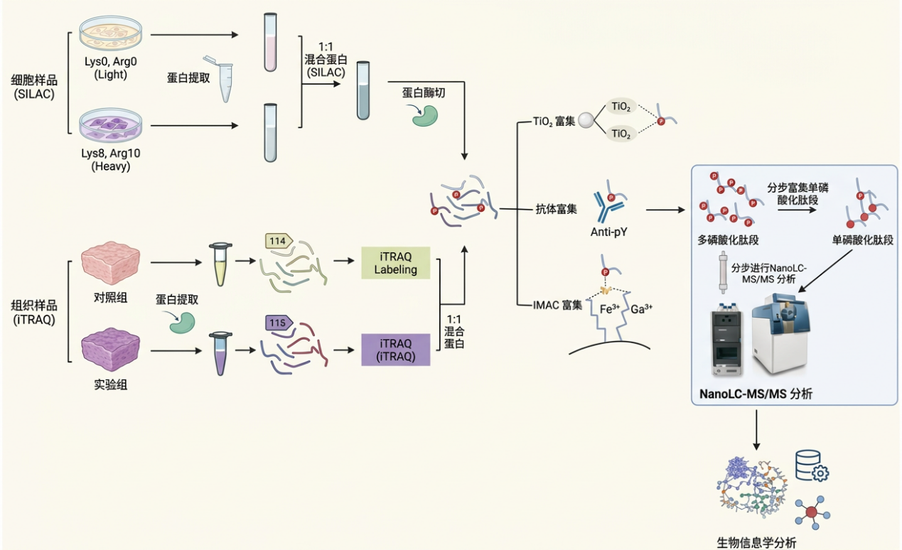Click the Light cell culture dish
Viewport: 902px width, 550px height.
pos(111,33)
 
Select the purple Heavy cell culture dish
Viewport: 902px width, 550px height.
pos(111,125)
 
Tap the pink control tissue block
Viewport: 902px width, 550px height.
pos(110,263)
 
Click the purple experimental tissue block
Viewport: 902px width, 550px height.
pos(110,349)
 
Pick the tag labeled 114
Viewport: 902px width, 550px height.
pos(279,241)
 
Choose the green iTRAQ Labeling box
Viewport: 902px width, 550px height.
pos(395,263)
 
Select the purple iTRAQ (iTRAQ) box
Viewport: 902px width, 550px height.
pos(395,350)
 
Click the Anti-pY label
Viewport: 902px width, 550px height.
pos(608,232)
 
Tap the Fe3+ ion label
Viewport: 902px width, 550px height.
pos(610,309)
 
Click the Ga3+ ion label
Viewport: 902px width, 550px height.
pos(641,309)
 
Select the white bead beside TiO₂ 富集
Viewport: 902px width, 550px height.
pos(586,120)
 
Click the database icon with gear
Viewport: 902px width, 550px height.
pos(812,466)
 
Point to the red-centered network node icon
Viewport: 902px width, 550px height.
pos(812,512)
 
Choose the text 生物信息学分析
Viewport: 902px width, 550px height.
pos(756,543)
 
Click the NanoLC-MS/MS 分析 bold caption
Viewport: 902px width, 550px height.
pos(756,394)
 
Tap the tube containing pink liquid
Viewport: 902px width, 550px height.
pos(270,42)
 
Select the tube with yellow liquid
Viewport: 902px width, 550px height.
pos(220,264)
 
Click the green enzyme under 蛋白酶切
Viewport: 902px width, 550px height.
pos(425,116)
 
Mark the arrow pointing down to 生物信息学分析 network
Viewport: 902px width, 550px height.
pos(756,430)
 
